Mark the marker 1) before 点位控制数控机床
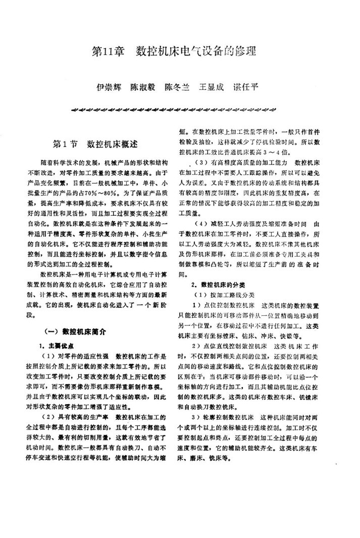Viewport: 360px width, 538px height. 196,305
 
